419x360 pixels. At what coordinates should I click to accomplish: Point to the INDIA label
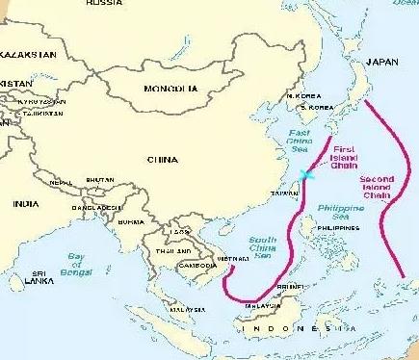coord(25,204)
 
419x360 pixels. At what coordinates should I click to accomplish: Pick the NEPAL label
coord(63,181)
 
